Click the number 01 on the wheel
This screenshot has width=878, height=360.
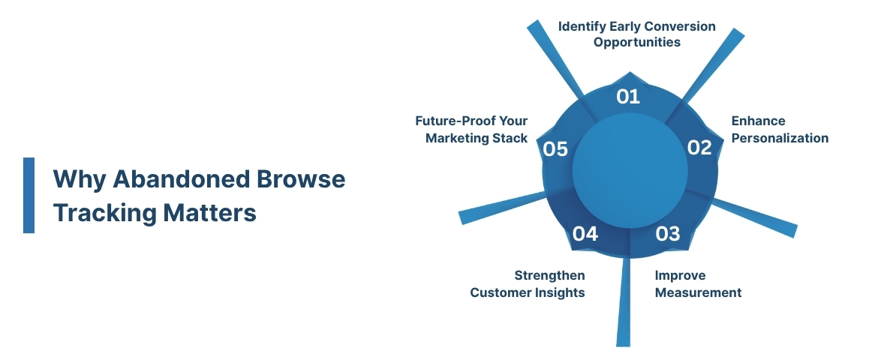coord(627,97)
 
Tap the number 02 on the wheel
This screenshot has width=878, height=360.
coord(699,148)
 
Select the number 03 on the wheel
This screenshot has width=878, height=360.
coord(667,234)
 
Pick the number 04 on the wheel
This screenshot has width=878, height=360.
coord(585,234)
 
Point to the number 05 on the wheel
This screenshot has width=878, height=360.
coord(555,149)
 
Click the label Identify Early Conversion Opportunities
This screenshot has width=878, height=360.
coord(636,34)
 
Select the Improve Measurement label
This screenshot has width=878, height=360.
coord(698,283)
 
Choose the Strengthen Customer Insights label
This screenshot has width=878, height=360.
coord(528,283)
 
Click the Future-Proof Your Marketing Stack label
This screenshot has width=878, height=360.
coord(471,129)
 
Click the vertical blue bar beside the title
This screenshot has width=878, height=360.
coord(29,195)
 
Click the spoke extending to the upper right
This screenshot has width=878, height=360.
coord(713,64)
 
